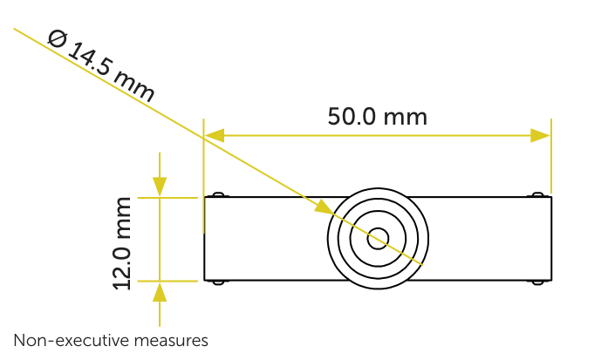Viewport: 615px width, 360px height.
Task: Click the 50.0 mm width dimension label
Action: pos(378,117)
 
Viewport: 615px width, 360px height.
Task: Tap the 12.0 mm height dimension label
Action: pos(122,244)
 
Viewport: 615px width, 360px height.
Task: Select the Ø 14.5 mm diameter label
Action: pos(101,65)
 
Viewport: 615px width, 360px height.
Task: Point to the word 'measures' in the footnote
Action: pos(167,341)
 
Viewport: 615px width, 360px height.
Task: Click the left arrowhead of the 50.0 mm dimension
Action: pos(214,135)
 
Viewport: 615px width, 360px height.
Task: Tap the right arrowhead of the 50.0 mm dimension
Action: pos(541,135)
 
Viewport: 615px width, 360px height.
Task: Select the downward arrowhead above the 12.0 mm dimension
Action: pos(160,187)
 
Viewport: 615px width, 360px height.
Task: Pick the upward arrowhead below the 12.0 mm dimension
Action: pos(160,292)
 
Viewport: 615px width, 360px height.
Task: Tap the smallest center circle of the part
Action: pos(378,239)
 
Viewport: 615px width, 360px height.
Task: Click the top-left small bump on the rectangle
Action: pos(218,194)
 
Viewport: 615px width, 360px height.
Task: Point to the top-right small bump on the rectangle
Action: pos(537,194)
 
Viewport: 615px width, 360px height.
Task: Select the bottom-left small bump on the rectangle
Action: pos(218,282)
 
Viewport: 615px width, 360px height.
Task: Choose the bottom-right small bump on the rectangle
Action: pos(537,282)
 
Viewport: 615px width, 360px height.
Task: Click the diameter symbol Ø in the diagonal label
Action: pos(58,39)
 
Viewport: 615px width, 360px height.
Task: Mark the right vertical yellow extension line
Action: pos(551,156)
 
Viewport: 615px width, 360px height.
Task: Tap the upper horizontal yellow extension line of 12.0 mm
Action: pos(167,198)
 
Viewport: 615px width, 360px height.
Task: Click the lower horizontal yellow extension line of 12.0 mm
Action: pos(167,281)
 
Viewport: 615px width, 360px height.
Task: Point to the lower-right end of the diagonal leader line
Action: pos(422,265)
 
